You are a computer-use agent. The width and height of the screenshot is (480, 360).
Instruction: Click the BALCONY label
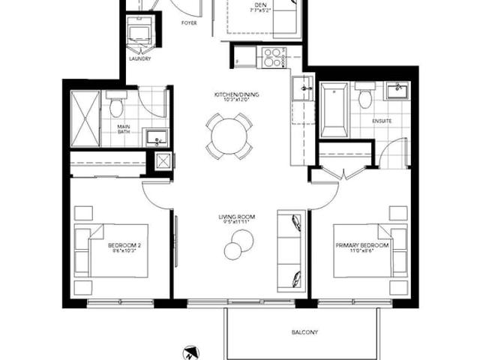pos(304,331)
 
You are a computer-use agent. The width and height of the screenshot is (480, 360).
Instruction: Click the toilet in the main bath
pos(116,105)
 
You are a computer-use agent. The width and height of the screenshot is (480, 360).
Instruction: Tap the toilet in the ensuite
pos(365,97)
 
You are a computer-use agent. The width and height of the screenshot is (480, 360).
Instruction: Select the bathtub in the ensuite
pos(334,109)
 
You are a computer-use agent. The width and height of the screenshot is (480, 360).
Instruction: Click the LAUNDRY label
pos(140,59)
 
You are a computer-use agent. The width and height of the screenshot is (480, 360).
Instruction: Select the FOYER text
pos(190,23)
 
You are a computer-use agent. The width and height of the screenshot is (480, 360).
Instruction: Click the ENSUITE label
pos(382,120)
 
